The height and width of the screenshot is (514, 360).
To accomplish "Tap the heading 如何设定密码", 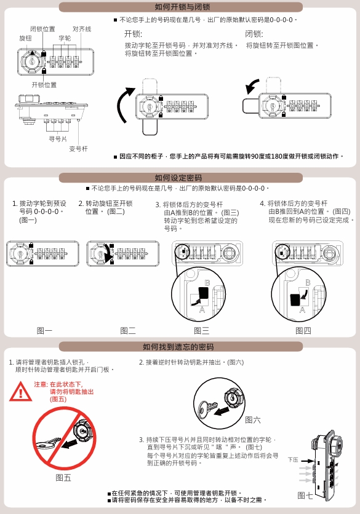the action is coord(178,178).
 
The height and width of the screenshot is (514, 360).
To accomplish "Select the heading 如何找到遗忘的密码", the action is coord(178,347).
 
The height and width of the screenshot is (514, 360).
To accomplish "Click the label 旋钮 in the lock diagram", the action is coord(25,38).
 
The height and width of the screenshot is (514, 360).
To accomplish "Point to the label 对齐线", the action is coord(82,29).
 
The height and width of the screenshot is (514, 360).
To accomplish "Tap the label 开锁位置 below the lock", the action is coord(44,85).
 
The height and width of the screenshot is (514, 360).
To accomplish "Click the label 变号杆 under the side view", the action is coord(78,149).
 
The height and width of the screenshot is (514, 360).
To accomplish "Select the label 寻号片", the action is coord(58,139).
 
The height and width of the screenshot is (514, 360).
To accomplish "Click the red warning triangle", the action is coord(21,392).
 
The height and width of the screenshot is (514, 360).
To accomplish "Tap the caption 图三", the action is coord(201,330).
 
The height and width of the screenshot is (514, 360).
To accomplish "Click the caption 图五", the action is coord(63,478).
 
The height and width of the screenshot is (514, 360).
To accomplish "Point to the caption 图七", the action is coord(305,496).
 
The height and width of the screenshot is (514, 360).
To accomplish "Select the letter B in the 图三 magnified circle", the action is coord(207,283).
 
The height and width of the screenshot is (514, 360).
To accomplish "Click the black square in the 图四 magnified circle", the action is coord(295,299).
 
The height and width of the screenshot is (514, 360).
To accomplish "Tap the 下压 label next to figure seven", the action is coord(293,460).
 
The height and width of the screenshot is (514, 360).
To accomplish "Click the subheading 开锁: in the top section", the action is coord(133,34).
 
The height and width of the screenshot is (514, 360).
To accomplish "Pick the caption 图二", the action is coord(127,330).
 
